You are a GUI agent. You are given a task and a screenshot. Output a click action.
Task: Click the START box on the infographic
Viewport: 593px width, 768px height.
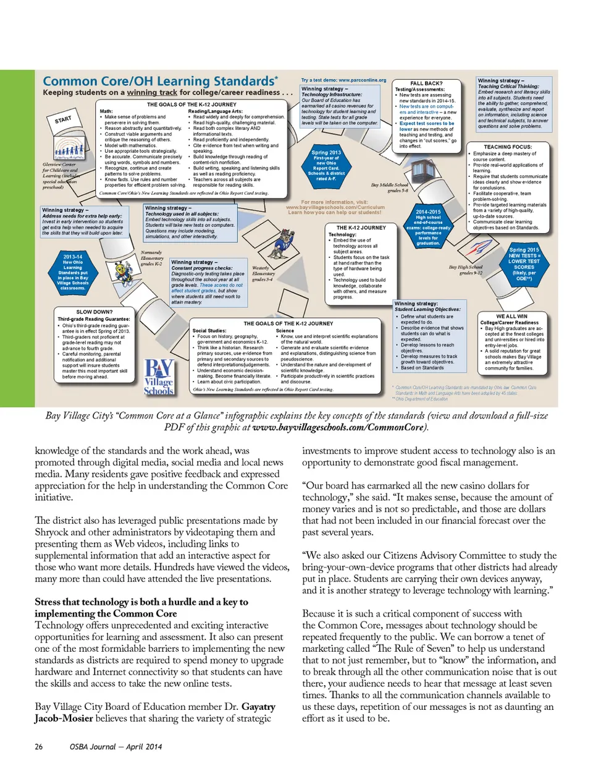click(63, 119)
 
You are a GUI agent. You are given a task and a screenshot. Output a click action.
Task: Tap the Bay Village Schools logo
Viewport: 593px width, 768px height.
click(158, 377)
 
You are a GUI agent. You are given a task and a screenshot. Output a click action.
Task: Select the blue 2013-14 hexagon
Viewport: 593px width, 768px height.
click(73, 272)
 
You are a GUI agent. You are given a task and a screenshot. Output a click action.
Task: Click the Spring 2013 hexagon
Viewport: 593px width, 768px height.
click(326, 165)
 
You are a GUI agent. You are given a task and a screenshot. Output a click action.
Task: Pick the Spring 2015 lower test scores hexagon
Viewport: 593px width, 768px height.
click(524, 264)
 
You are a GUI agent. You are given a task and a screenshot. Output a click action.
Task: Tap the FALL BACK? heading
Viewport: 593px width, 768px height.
click(426, 83)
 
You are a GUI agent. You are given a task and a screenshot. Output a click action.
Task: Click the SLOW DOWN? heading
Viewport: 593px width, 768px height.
click(94, 312)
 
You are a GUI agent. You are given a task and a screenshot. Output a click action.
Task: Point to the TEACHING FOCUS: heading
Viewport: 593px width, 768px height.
click(507, 147)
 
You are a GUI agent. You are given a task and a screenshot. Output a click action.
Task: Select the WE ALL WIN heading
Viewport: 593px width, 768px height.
click(511, 316)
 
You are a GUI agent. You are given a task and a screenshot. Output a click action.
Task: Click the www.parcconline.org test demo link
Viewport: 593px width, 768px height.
click(343, 80)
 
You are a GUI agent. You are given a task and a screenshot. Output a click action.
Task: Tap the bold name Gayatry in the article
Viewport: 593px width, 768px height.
click(258, 707)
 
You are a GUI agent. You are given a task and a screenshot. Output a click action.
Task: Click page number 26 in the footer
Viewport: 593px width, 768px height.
click(39, 747)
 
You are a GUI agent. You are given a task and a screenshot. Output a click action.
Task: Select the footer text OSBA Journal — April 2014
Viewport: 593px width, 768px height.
click(116, 747)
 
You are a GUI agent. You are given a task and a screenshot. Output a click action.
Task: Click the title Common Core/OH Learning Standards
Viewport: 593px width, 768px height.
click(159, 81)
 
